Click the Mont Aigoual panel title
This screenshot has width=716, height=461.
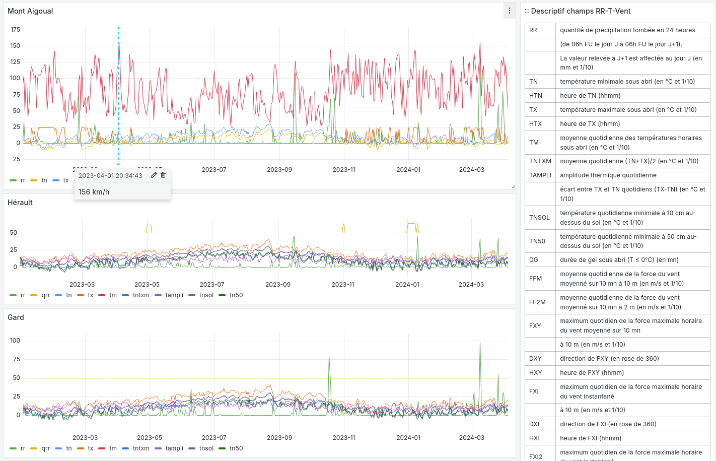tap(30, 11)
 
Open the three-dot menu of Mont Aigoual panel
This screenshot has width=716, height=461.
tap(510, 11)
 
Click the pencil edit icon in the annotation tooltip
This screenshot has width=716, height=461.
tap(154, 175)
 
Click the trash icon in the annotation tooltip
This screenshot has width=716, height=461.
tap(163, 175)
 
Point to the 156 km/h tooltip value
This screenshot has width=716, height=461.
tap(94, 192)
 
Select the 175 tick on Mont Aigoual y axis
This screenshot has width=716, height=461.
tap(15, 30)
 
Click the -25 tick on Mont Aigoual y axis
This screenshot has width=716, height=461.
tap(15, 159)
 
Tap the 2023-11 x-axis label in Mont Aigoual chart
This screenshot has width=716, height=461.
tap(344, 170)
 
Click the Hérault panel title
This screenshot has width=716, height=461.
tap(20, 203)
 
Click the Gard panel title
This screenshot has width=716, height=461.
tap(16, 317)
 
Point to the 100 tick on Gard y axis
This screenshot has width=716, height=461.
tap(15, 341)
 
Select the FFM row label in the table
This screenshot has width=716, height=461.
tap(536, 279)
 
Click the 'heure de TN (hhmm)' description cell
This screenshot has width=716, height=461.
tap(590, 96)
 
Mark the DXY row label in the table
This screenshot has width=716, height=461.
tap(535, 359)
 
